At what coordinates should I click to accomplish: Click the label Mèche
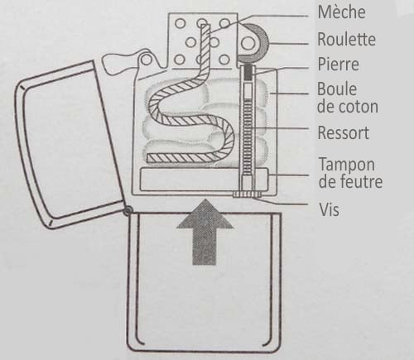341,12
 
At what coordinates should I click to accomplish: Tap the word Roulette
346,39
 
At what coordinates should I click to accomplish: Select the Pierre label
338,64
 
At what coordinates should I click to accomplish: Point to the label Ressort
344,132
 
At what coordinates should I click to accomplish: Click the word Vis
329,209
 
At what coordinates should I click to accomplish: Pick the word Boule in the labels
337,89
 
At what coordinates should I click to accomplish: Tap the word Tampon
347,165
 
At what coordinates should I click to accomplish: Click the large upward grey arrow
205,232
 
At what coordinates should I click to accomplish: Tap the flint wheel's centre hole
248,43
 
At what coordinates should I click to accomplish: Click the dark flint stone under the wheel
248,72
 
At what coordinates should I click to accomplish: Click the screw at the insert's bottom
247,194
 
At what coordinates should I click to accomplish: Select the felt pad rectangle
204,180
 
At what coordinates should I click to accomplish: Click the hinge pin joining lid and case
128,211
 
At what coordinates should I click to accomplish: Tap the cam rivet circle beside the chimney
146,60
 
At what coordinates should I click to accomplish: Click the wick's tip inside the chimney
205,27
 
